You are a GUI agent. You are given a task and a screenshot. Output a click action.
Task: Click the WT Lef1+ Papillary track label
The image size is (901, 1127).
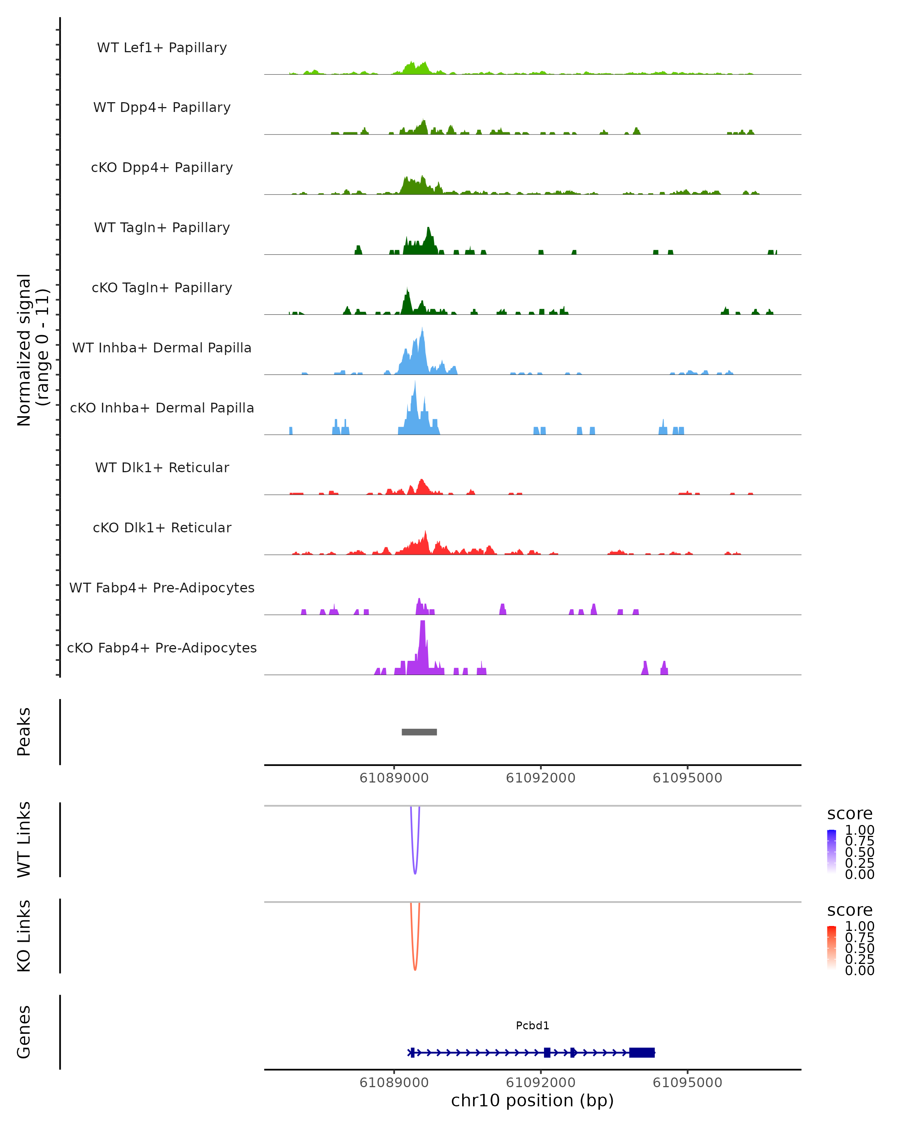click(162, 48)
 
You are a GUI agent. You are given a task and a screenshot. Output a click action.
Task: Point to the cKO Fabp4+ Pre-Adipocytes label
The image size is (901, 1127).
click(162, 648)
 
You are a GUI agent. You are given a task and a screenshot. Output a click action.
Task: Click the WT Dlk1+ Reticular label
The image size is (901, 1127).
click(162, 467)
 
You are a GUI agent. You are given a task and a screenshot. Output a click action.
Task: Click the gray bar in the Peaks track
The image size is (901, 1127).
click(419, 732)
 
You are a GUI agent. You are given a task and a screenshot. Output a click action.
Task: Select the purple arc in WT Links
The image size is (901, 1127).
click(415, 868)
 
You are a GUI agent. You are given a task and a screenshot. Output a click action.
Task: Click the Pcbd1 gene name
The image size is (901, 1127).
click(532, 1026)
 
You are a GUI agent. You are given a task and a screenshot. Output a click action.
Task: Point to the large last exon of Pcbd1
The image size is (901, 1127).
click(642, 1052)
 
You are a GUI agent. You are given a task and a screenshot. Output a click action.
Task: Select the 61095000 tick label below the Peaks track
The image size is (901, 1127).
click(687, 778)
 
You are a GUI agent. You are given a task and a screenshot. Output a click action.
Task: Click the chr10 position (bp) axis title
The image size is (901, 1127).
click(532, 1101)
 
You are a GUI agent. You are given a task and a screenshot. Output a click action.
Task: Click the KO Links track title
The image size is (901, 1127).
click(24, 936)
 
